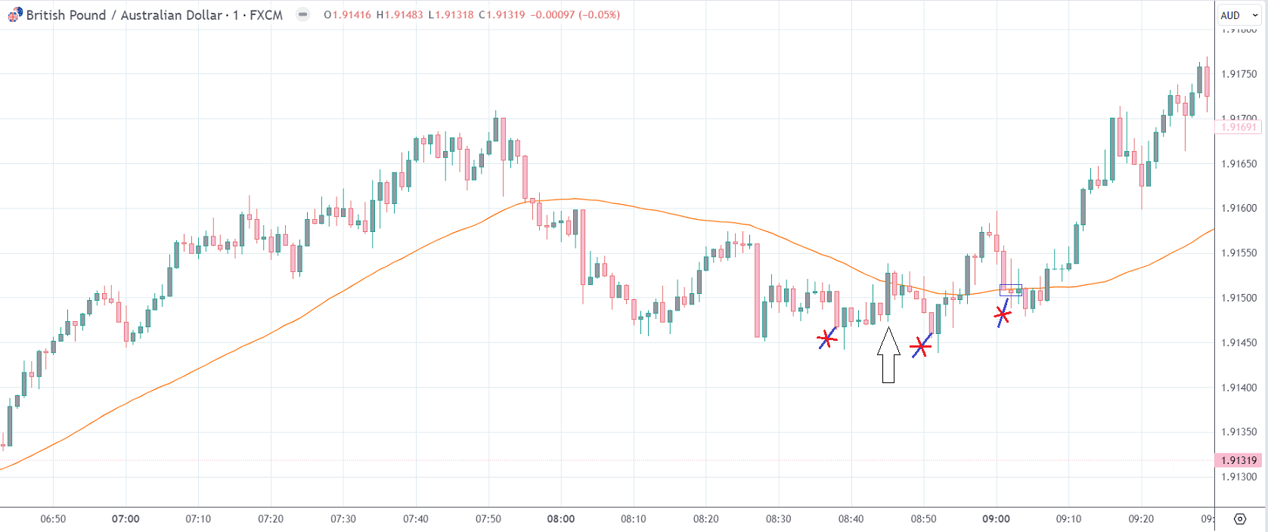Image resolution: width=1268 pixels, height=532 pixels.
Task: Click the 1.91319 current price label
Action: point(1239,460)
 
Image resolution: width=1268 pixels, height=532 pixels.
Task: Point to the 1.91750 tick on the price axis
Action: point(1239,74)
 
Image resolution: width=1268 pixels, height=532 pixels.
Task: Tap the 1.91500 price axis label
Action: point(1239,298)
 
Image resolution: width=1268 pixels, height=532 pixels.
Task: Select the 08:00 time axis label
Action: point(561,519)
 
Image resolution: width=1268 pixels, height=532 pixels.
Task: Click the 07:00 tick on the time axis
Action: point(126,519)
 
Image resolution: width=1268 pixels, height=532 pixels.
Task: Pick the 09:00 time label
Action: point(996,519)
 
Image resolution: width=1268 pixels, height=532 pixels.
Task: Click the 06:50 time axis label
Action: point(53,519)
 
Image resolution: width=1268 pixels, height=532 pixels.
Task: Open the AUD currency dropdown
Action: point(1239,15)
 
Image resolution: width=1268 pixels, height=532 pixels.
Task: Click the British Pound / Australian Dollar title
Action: point(124,15)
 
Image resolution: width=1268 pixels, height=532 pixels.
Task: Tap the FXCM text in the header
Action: point(266,15)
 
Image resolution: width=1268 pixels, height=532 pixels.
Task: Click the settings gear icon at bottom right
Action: point(1240,519)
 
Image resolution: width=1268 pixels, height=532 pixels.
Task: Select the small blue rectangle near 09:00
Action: point(1011,289)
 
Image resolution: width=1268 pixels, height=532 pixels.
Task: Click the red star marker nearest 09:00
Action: point(1003,314)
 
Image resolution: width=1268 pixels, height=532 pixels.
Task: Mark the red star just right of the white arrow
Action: point(920,347)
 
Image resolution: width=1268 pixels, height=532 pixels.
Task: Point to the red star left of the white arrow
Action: point(827,339)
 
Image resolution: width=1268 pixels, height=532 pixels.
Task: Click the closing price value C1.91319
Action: point(502,15)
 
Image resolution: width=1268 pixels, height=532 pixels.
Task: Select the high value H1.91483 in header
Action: point(400,15)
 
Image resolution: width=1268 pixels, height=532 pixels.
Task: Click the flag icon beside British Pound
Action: point(14,15)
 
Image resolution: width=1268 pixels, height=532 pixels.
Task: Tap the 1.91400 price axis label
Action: point(1239,388)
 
